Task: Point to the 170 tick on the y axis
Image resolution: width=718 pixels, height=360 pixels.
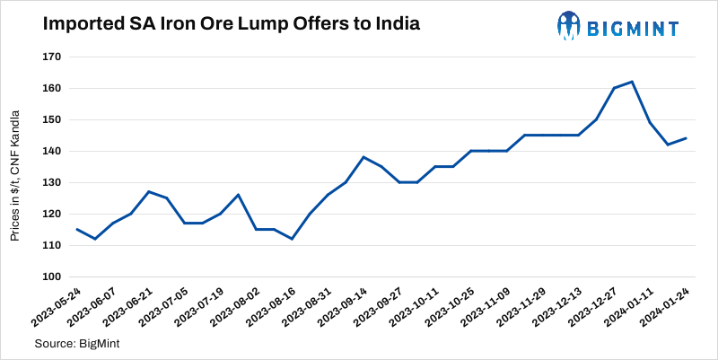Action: tap(50, 57)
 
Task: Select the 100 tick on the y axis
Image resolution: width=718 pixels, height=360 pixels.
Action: tap(50, 277)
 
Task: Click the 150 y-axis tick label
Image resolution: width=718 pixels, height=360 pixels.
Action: tap(50, 119)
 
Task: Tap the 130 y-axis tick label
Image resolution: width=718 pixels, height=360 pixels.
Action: tap(50, 182)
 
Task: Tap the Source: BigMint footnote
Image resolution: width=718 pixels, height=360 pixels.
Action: tap(77, 343)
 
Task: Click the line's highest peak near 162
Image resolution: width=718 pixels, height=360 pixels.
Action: tap(632, 82)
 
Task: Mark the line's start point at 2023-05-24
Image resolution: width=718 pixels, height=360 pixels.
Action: tap(76, 229)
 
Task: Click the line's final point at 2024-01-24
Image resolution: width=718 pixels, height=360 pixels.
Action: tap(686, 138)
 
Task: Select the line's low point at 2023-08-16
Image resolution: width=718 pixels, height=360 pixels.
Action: tap(292, 239)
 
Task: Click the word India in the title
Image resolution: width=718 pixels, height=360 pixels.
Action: tap(395, 24)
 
